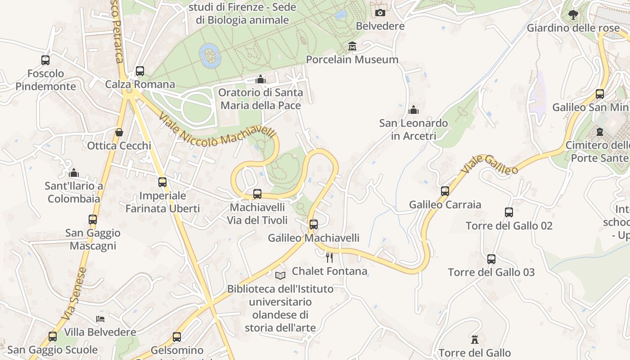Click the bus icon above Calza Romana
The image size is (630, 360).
(140, 71)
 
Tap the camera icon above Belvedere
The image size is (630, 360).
(380, 13)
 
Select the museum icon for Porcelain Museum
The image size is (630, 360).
(352, 46)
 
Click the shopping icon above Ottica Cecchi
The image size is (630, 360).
(119, 132)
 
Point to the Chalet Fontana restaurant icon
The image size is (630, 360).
(329, 257)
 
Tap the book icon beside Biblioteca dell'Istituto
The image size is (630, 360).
(280, 275)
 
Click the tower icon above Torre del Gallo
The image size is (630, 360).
(474, 339)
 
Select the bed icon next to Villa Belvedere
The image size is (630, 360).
(100, 319)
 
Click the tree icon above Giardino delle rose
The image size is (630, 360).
(573, 15)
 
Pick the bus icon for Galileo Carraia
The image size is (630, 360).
(445, 191)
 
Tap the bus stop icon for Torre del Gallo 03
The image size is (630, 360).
(491, 259)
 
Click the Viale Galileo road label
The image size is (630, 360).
(490, 164)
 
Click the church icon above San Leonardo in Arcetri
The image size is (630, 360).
(413, 110)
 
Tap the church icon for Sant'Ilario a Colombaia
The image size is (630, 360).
(74, 173)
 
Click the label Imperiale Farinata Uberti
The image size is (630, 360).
(162, 202)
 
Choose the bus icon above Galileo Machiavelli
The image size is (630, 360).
(314, 224)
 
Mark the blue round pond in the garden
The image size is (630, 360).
(210, 56)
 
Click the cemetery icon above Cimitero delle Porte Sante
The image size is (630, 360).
(600, 132)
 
